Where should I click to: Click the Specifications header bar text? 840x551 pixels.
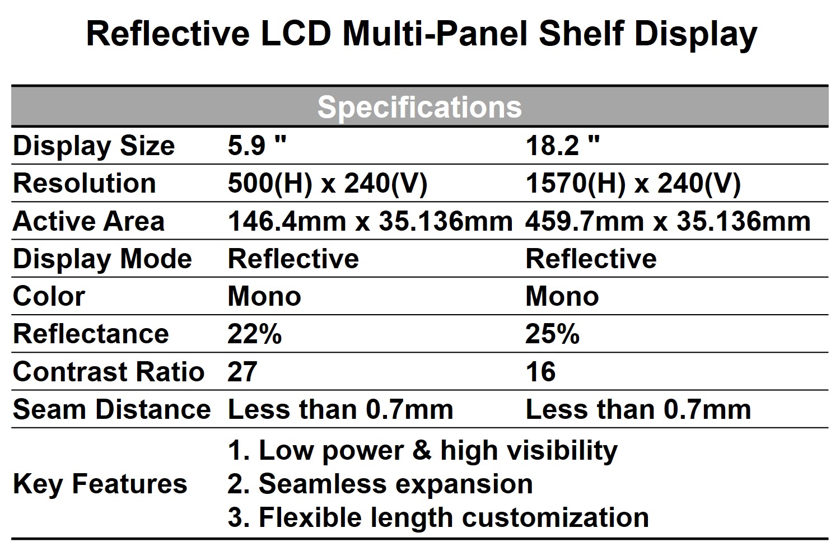[x=419, y=107]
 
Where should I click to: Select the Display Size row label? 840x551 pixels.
[x=94, y=146]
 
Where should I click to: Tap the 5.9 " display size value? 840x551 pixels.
[x=257, y=146]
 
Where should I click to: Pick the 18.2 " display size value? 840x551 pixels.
[x=562, y=146]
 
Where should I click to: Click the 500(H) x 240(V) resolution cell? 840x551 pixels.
[x=328, y=184]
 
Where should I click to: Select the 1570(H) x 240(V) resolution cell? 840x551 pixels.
[x=633, y=184]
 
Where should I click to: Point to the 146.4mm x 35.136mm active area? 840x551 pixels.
[x=370, y=222]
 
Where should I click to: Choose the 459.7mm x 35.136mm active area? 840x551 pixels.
[x=668, y=222]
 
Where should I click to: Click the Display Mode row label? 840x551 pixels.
[x=102, y=259]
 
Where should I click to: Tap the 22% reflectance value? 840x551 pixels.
[x=255, y=334]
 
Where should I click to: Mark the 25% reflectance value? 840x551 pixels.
[x=552, y=334]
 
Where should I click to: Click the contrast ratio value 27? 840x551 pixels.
[x=242, y=372]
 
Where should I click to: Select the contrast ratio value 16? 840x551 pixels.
[x=540, y=372]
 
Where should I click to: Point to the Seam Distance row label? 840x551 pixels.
[x=111, y=409]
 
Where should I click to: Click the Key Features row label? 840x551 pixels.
[x=100, y=484]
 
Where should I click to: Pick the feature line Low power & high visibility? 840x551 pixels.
[x=423, y=451]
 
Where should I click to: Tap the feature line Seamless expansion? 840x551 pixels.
[x=380, y=484]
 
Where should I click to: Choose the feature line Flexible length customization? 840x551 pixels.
[x=438, y=517]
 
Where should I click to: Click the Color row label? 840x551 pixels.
[x=49, y=297]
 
